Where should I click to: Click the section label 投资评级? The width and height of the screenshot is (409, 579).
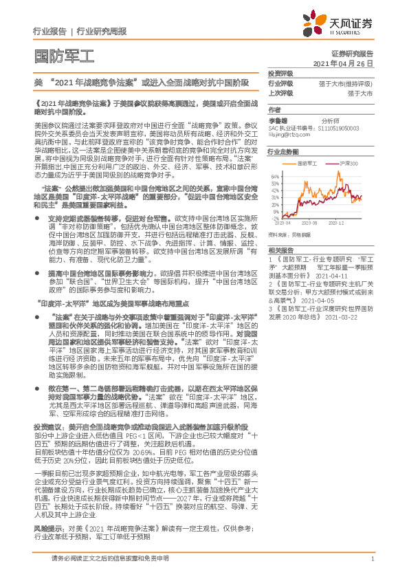280,72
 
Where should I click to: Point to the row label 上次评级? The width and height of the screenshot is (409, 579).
280,91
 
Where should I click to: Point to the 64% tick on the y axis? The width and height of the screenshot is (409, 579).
276,175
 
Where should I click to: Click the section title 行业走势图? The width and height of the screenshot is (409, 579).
283,151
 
